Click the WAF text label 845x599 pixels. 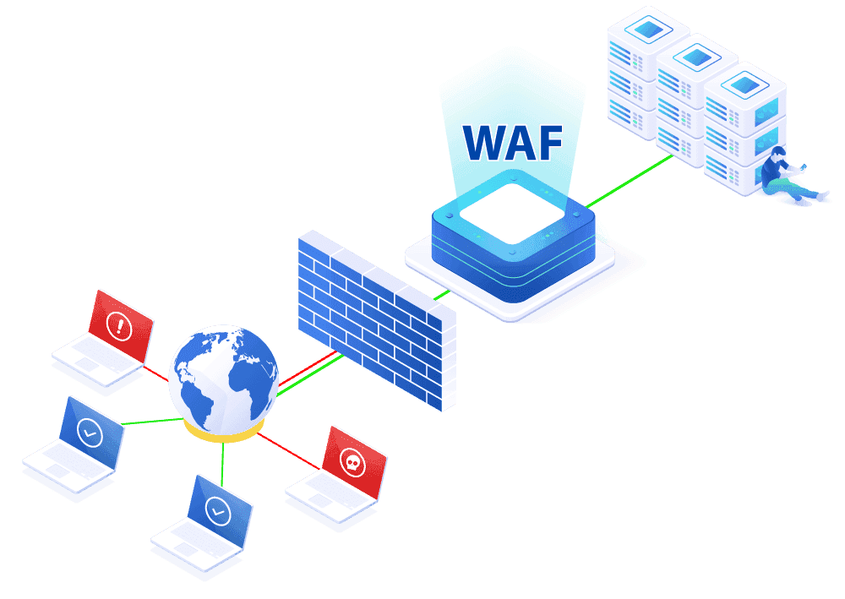tap(513, 143)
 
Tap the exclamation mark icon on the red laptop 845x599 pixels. tap(119, 325)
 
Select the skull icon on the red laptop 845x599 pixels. tap(352, 463)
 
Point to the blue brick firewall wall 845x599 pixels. tap(377, 320)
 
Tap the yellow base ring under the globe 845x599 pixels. tap(223, 432)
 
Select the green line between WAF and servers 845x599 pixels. tap(630, 181)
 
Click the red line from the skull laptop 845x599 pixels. tap(288, 451)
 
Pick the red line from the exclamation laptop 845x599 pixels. tap(155, 373)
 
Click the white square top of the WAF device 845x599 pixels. tap(513, 213)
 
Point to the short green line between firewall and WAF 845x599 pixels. tap(442, 295)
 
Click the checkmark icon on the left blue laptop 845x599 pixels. tap(90, 433)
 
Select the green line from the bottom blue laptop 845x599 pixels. tap(222, 465)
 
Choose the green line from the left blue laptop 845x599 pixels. tap(153, 422)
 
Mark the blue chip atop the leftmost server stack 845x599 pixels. tap(648, 28)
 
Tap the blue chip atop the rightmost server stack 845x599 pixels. tap(744, 84)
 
